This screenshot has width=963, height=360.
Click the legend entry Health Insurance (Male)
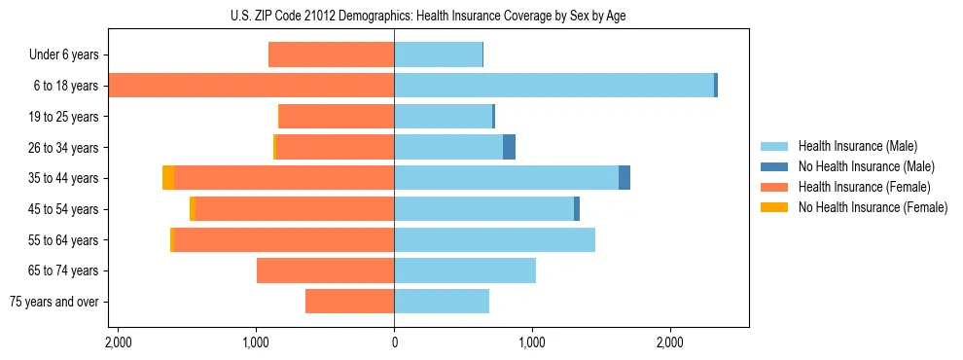857,146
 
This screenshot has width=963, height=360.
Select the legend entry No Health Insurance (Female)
873,207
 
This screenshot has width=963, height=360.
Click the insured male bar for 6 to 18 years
553,86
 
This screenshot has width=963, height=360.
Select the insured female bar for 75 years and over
349,302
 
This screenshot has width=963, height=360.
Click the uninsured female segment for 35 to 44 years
168,178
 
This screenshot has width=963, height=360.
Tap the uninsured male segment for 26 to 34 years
509,148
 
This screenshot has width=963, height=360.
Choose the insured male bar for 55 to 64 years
494,240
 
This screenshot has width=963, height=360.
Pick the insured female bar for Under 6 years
331,55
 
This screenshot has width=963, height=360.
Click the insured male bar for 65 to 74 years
465,270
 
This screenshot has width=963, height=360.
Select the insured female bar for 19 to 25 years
337,117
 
